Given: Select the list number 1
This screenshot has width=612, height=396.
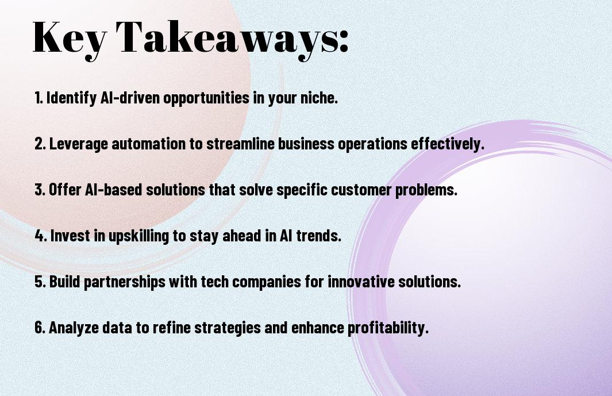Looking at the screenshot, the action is coord(39,98).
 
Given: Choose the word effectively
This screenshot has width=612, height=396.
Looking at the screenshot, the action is coord(448,144).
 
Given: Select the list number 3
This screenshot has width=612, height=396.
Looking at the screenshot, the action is coord(40,190).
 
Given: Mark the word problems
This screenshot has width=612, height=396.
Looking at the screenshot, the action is coord(426,190).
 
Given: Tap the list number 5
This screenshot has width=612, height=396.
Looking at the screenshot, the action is coord(40,282).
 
